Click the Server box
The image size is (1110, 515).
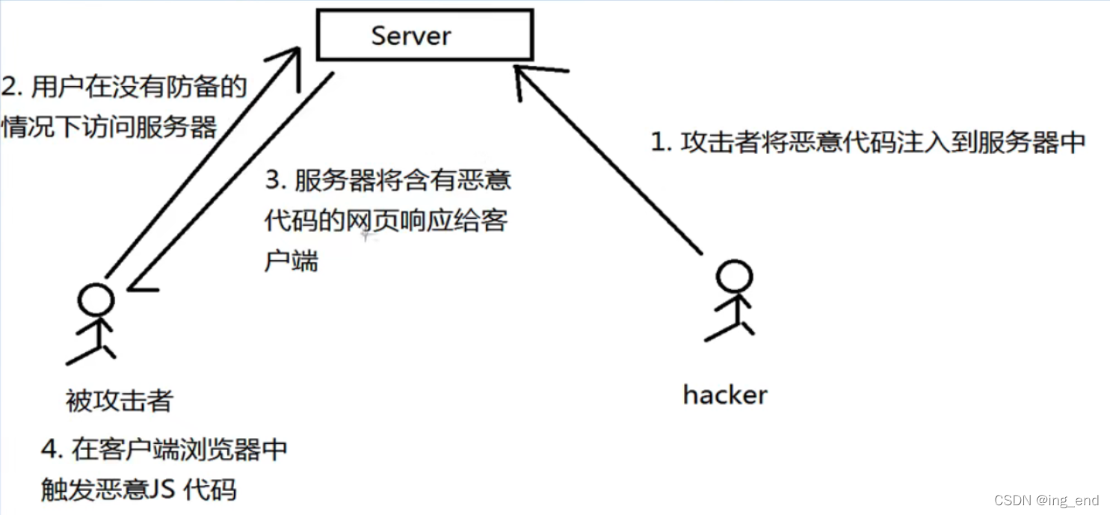(x=425, y=35)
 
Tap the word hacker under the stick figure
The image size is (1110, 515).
(x=724, y=395)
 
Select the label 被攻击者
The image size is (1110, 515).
(x=119, y=402)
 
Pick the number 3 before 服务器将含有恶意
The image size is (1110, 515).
(x=273, y=182)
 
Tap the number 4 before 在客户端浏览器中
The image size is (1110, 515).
(x=49, y=449)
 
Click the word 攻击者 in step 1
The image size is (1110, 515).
(x=720, y=143)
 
